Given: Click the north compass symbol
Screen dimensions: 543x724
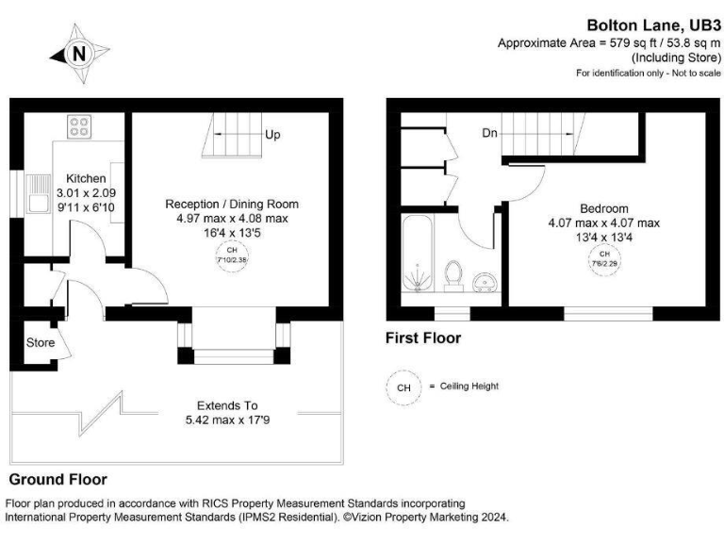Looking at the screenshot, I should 78,54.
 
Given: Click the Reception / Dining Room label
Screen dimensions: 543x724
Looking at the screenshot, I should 232,204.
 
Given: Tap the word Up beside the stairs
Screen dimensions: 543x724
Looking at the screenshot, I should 272,135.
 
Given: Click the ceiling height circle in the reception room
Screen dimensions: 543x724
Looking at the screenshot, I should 231,256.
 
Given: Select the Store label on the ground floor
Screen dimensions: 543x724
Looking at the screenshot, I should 40,341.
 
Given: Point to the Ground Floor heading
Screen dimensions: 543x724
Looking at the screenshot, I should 58,479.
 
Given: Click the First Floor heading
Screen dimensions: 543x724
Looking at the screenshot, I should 423,337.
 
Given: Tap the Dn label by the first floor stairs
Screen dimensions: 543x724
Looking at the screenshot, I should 489,134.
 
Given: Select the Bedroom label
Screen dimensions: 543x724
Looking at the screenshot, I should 604,208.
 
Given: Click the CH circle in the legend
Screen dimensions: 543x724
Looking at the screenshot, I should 403,387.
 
